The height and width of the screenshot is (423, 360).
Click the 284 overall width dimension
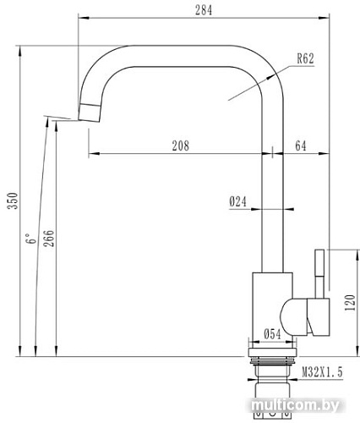pos(201,10)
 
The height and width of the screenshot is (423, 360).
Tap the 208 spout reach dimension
pos(179,146)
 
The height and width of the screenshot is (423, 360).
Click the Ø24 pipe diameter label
pos(237,201)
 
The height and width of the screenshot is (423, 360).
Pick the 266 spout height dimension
pos(48,239)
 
